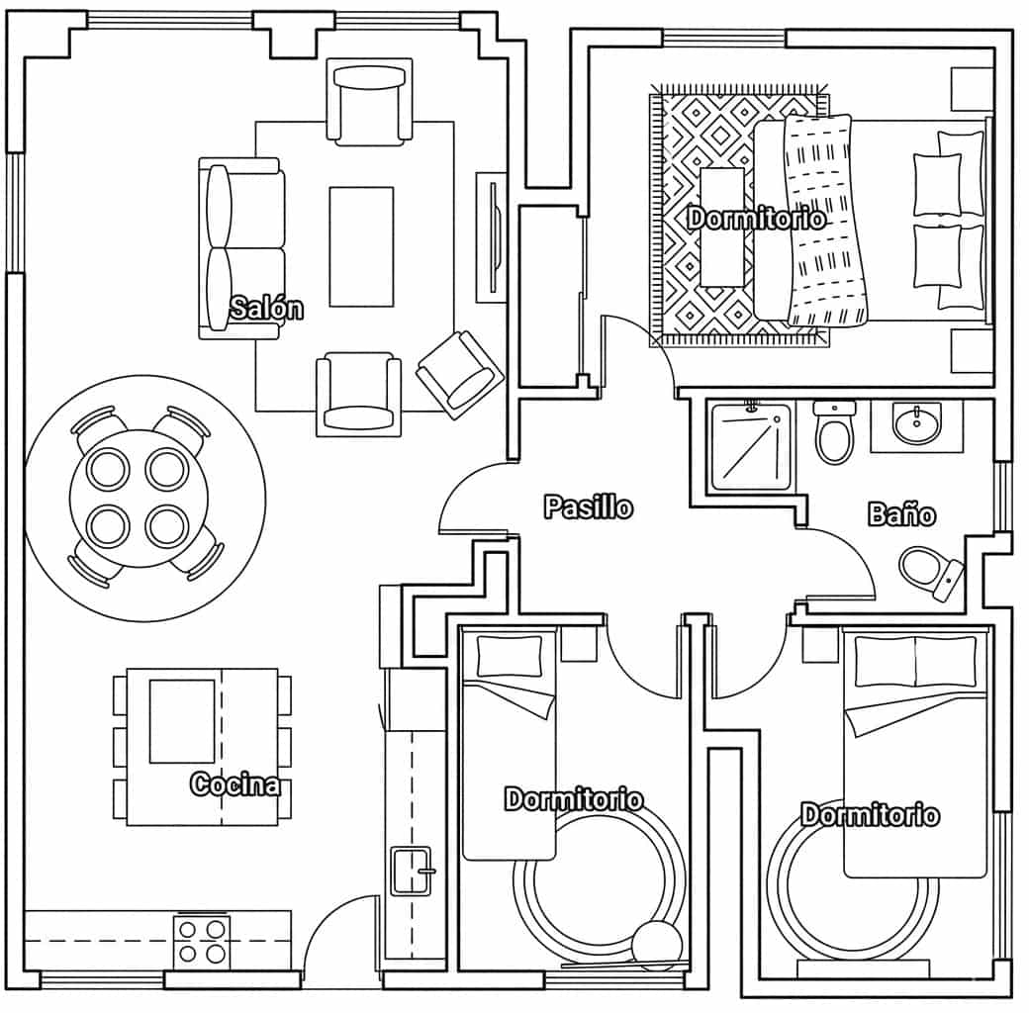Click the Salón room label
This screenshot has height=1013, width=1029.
point(266,308)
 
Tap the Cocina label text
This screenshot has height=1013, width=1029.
point(234,783)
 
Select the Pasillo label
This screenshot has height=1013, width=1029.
point(589,507)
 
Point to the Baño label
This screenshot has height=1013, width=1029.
point(901,513)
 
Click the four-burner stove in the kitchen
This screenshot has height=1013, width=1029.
point(202,942)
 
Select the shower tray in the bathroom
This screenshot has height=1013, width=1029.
point(751,447)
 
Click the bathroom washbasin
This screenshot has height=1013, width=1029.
point(917,423)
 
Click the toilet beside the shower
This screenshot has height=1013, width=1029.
point(835,431)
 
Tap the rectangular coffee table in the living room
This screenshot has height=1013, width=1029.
point(361,246)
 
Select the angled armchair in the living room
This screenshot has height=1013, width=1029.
point(460,374)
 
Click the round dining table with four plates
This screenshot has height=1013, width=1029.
point(140,499)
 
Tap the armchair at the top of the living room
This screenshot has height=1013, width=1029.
point(369,102)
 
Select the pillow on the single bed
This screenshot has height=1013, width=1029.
point(510,656)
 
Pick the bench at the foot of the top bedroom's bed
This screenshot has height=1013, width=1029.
point(722,227)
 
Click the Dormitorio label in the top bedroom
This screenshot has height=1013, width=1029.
point(757,218)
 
